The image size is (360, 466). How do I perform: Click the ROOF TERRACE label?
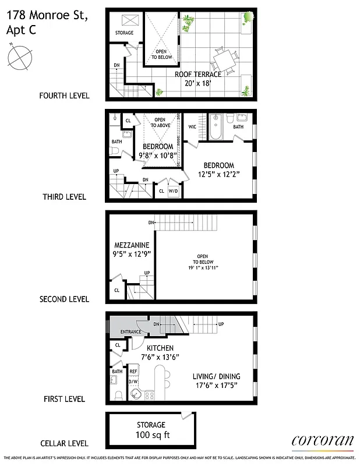[x=198, y=74]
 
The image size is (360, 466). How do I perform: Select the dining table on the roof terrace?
[x=224, y=60]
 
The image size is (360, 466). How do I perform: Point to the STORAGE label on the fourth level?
[x=124, y=33]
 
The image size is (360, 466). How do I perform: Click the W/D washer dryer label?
[x=173, y=190]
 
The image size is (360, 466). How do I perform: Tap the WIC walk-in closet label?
[x=192, y=126]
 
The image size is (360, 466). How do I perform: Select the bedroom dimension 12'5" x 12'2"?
[x=218, y=174]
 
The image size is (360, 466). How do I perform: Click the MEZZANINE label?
[x=132, y=245]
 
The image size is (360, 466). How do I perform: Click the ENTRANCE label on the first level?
[x=130, y=332]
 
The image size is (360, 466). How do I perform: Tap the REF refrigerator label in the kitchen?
[x=133, y=370]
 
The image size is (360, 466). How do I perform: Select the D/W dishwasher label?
[x=133, y=382]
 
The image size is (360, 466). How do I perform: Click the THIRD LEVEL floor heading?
[x=64, y=197]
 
